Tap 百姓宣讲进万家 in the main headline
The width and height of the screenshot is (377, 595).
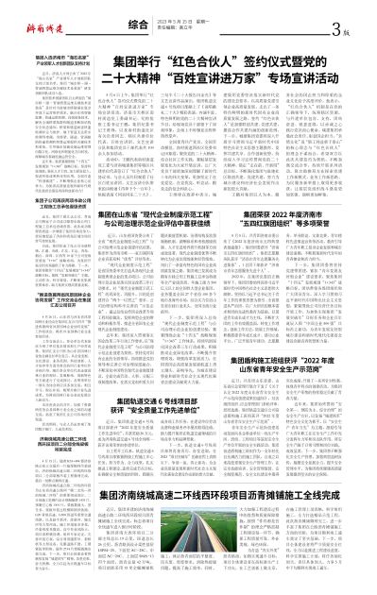coord(205,72)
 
